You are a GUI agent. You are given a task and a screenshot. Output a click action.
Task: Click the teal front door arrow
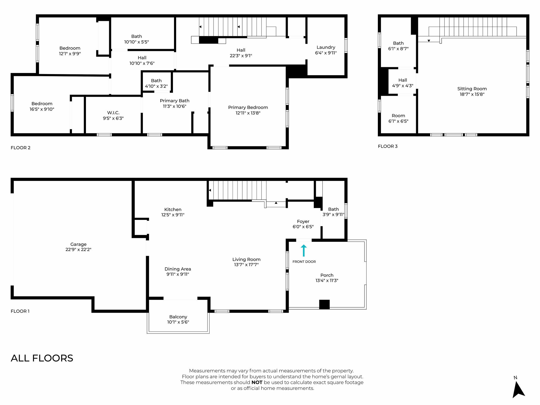point(304,250)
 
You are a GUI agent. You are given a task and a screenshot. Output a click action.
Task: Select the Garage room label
point(78,244)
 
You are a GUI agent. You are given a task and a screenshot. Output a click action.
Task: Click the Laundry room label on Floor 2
point(326,47)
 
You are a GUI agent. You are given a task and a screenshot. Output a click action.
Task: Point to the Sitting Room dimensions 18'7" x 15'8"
point(472,94)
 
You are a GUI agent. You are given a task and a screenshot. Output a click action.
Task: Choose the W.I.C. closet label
point(113,113)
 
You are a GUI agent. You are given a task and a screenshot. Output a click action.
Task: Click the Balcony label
point(178,317)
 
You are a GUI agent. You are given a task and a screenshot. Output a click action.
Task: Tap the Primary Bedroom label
point(248,107)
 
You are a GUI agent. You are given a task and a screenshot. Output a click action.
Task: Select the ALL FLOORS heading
point(42,358)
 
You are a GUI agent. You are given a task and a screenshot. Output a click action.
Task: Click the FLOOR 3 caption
point(388,146)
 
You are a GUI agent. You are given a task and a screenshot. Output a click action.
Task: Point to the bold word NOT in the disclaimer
point(257,382)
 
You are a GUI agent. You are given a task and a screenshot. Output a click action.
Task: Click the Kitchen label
point(173,209)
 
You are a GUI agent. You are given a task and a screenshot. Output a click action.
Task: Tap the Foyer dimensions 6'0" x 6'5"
point(303,227)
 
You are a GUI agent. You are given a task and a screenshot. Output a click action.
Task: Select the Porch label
point(327,275)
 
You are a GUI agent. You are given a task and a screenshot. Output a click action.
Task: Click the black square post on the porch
point(324,305)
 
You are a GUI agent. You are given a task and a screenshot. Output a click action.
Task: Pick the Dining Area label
point(178,269)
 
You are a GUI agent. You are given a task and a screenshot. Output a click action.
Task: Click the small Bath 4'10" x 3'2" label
point(156,83)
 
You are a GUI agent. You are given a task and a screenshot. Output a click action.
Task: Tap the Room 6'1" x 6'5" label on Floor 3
point(398,118)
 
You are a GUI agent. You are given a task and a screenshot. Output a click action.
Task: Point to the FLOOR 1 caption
point(20,311)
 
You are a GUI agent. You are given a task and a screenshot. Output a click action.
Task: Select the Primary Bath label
point(175,101)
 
